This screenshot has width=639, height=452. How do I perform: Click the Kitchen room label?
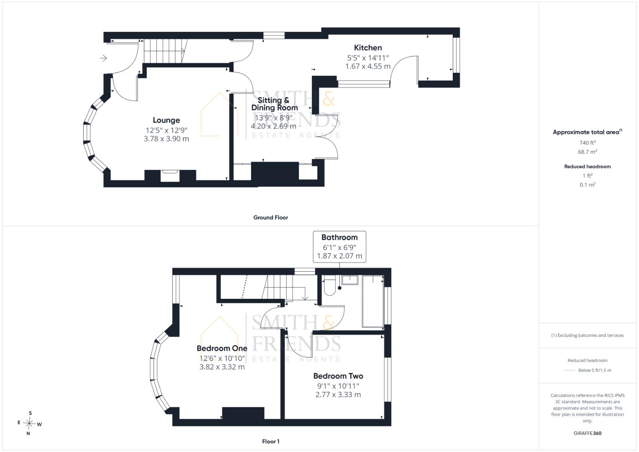[x=368, y=48]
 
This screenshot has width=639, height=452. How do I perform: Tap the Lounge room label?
[x=166, y=121]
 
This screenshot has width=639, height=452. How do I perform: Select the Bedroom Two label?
[x=338, y=376]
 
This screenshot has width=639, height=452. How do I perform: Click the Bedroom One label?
[x=222, y=348]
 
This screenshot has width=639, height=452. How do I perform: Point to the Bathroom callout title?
[x=339, y=237]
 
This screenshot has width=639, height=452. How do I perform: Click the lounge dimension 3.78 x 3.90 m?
[x=166, y=139]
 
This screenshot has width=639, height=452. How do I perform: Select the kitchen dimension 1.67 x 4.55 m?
[x=368, y=67]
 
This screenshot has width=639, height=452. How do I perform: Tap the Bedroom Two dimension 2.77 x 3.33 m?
[x=338, y=395]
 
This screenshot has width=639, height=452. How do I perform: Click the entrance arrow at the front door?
[x=103, y=58]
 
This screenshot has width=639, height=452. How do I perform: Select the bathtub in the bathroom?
[x=372, y=301]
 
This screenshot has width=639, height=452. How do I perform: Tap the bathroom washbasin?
[x=350, y=280]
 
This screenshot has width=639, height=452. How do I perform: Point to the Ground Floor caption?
[x=271, y=218]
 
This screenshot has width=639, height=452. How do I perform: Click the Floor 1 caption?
[x=271, y=442]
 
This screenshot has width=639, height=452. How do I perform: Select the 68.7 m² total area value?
[x=588, y=152]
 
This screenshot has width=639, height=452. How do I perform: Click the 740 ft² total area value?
[x=588, y=143]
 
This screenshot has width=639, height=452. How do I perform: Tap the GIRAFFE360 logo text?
[x=588, y=433]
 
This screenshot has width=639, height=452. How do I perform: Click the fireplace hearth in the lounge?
[x=170, y=175]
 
